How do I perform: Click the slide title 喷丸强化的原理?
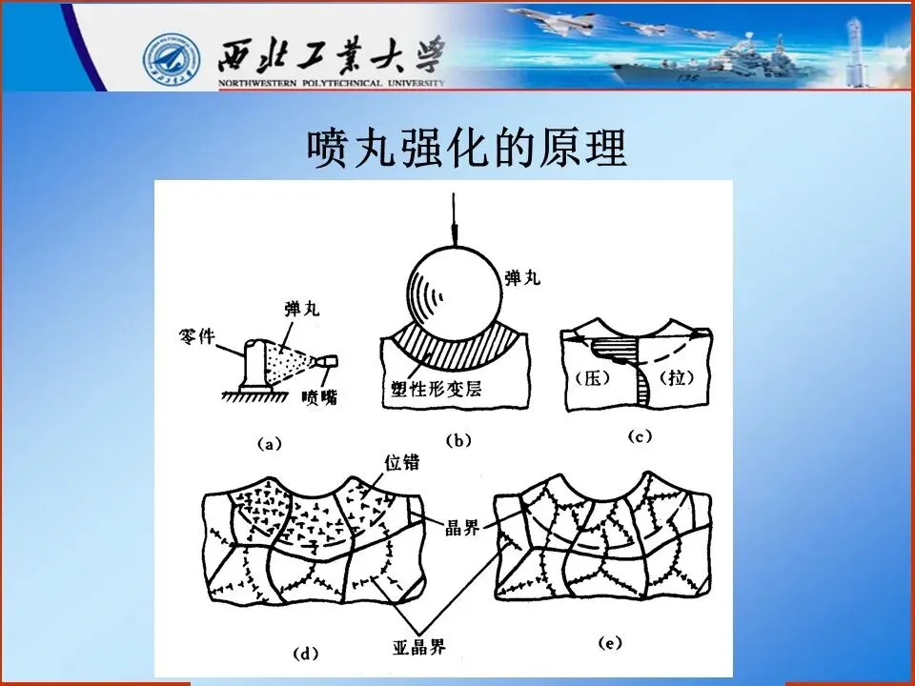tap(467, 149)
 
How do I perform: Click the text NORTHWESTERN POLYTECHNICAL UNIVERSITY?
tap(332, 83)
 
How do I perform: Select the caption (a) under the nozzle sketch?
tap(270, 445)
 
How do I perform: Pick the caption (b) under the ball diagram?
tap(458, 441)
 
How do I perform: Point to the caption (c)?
tap(640, 436)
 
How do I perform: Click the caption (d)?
tap(306, 654)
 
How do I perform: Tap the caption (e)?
tap(610, 643)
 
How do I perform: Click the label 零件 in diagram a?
tap(196, 336)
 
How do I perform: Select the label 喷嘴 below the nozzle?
tap(320, 398)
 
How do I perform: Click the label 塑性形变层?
tap(437, 389)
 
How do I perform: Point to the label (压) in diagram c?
tap(592, 378)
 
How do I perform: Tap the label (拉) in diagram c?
tap(677, 377)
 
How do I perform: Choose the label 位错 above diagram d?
tap(402, 462)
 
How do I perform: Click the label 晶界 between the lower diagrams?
tap(462, 527)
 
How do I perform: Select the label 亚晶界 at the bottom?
tap(419, 646)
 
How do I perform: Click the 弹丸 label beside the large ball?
tap(522, 277)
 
